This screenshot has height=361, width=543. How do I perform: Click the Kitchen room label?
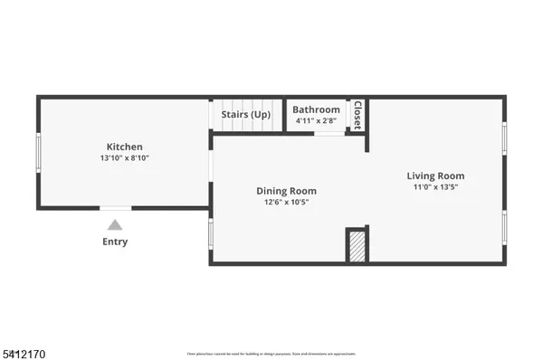pos(125,147)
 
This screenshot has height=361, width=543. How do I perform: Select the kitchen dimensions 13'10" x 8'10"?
pos(125,158)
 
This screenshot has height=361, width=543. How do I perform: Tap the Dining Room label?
pos(286,191)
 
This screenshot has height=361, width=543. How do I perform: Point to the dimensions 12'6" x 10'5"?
pos(286,203)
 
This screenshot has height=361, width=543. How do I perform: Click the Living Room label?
pos(435,176)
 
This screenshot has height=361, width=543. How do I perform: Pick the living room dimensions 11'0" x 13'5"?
pos(435,187)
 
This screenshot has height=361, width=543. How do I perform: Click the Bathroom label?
pos(316,110)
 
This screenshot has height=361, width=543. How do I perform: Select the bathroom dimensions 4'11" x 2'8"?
pos(316,121)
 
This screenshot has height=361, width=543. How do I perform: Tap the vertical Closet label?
pos(357,114)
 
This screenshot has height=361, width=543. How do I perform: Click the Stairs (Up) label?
pos(246,115)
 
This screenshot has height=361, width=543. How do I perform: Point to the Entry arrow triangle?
pos(115,225)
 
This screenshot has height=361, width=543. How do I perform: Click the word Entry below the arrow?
pos(115,242)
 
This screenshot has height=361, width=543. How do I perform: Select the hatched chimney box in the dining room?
pos(357,245)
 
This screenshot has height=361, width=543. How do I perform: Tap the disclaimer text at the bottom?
pos(271,353)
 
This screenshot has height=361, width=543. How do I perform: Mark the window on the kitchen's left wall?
pos(38,152)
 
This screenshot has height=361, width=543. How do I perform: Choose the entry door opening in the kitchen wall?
pos(115,208)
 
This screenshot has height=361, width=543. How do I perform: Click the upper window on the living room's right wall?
pos(504,138)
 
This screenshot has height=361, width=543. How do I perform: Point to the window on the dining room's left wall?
pos(211,233)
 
